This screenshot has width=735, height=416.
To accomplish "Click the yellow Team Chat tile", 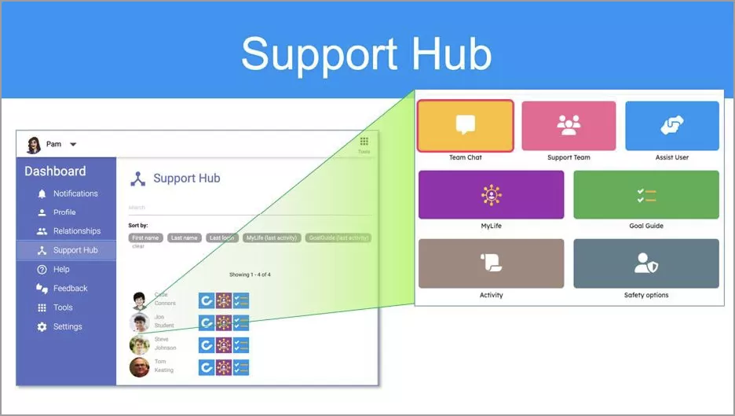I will pyautogui.click(x=466, y=126).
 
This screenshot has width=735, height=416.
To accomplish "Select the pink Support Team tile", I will pyautogui.click(x=569, y=126).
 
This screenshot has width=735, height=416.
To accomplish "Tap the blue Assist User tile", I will pyautogui.click(x=671, y=126).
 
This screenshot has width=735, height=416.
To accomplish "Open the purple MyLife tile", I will pyautogui.click(x=491, y=195).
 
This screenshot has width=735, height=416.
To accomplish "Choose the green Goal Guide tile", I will pyautogui.click(x=645, y=195).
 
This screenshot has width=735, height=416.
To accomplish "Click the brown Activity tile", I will pyautogui.click(x=491, y=264).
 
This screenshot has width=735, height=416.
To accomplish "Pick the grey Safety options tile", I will pyautogui.click(x=645, y=264).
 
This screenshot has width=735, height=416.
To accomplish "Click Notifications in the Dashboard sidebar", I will pyautogui.click(x=75, y=193).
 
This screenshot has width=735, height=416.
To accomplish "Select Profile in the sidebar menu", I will pyautogui.click(x=64, y=212).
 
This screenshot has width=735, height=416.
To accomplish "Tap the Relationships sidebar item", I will pyautogui.click(x=77, y=231).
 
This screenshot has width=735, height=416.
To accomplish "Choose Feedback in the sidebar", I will pyautogui.click(x=71, y=289).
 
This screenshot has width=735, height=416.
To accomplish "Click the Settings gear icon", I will pyautogui.click(x=42, y=327).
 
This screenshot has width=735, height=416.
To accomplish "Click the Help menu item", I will pyautogui.click(x=61, y=270).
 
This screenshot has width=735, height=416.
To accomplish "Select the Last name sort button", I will pyautogui.click(x=185, y=237).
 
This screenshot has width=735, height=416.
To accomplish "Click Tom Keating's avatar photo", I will pyautogui.click(x=139, y=367).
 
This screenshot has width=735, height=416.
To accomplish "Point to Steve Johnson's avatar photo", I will pyautogui.click(x=139, y=345).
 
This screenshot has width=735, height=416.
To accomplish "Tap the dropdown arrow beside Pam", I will pyautogui.click(x=73, y=145).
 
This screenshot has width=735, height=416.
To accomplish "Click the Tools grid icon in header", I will pyautogui.click(x=364, y=142).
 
